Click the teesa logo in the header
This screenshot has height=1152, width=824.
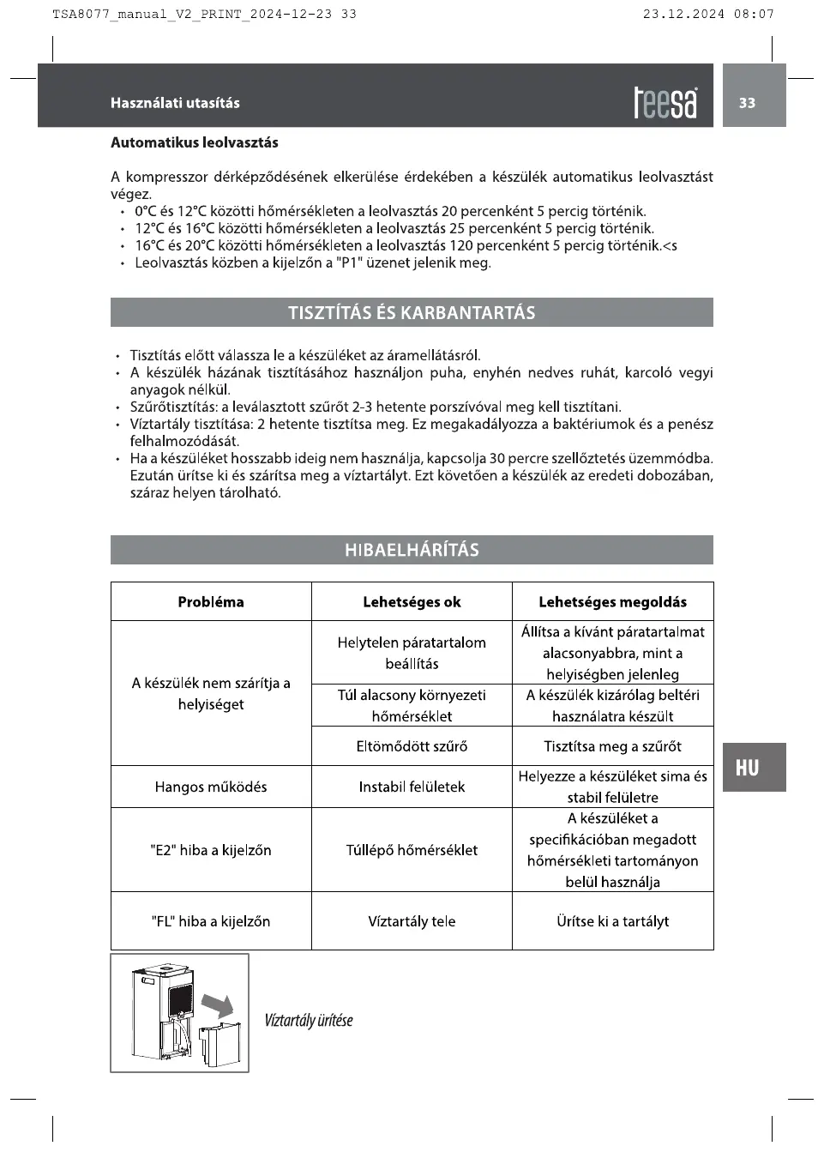click(665, 103)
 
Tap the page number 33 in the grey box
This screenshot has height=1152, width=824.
click(748, 103)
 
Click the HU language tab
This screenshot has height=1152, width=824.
click(748, 768)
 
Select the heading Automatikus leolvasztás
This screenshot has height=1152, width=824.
click(195, 142)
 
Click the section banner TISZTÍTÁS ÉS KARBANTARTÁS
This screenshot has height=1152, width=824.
click(412, 313)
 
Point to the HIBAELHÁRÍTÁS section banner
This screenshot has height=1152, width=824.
click(412, 550)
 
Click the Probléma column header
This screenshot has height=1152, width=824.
click(211, 602)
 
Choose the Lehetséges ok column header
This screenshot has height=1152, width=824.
click(412, 602)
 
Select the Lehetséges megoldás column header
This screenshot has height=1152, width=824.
click(612, 602)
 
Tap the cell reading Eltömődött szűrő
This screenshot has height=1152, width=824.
click(412, 746)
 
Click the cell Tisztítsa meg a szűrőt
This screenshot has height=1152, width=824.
click(612, 746)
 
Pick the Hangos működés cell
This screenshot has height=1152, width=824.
click(211, 787)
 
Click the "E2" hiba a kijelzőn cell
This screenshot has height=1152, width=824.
click(211, 850)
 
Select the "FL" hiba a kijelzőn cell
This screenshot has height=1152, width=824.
click(211, 921)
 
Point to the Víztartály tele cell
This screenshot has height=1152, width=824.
click(412, 921)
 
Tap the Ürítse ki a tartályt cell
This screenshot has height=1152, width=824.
click(612, 921)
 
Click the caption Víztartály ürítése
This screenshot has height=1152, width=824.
click(309, 1021)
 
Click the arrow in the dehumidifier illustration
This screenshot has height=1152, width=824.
click(219, 1005)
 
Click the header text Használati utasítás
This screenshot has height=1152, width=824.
click(175, 103)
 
